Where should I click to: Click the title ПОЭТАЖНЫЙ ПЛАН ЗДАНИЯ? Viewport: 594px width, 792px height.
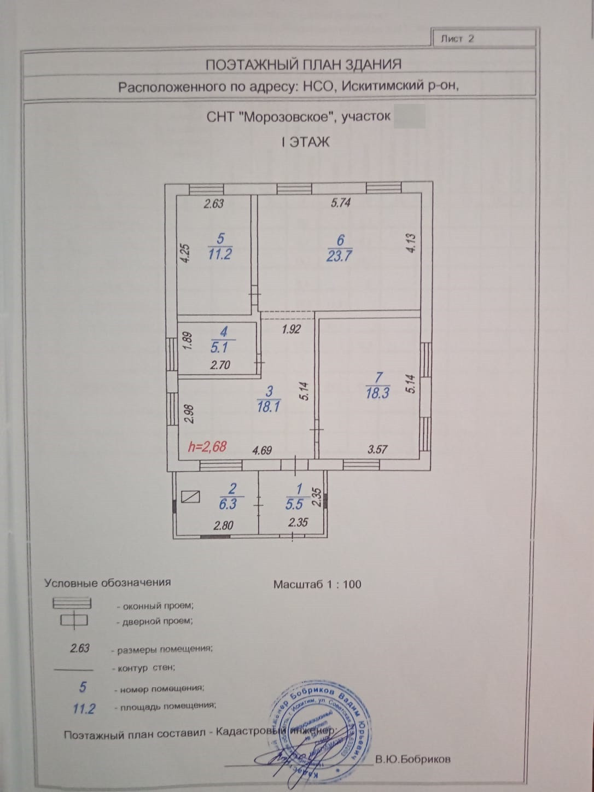click(x=303, y=65)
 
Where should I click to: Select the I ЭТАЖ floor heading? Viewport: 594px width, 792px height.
click(x=305, y=143)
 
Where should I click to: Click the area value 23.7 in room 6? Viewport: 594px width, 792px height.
click(x=339, y=255)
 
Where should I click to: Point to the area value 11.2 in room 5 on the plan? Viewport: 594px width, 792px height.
click(x=219, y=253)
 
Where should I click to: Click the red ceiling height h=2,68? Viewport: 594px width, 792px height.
click(x=207, y=447)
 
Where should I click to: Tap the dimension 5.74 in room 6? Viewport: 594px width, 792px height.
click(x=340, y=203)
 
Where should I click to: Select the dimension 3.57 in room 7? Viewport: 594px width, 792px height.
click(x=377, y=450)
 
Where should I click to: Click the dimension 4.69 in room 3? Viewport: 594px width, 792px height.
click(x=261, y=450)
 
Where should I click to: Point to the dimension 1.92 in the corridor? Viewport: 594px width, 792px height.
click(x=291, y=330)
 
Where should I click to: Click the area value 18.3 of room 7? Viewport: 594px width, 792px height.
click(x=377, y=393)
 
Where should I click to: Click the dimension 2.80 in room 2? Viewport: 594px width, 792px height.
click(x=223, y=526)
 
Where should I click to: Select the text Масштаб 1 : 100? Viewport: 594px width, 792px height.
click(x=317, y=584)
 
